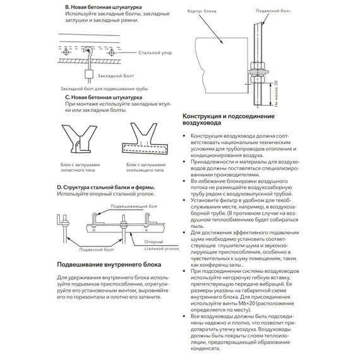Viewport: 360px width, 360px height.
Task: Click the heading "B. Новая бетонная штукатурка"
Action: click(104, 8)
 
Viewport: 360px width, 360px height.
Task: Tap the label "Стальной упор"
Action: click(155, 53)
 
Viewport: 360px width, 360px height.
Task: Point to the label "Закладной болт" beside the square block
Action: click(116, 76)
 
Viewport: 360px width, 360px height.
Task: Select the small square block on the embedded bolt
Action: click(89, 74)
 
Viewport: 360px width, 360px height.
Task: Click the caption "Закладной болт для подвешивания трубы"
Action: click(104, 88)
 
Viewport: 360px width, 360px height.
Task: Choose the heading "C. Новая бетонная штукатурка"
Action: click(104, 97)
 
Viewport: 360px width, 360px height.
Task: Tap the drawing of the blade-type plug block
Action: click(79, 139)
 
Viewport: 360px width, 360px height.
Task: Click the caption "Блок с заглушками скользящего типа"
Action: click(146, 167)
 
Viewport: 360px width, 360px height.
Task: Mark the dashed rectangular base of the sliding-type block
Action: click(145, 148)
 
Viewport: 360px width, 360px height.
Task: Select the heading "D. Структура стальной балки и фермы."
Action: click(106, 188)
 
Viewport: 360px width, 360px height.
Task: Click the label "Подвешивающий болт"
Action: click(134, 206)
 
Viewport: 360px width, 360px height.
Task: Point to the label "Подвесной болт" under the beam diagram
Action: click(97, 249)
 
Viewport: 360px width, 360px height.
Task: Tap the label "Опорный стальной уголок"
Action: click(162, 245)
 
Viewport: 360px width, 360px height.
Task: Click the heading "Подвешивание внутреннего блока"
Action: click(109, 265)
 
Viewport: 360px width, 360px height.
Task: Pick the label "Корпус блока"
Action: click(201, 11)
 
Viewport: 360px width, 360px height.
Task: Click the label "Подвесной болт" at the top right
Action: click(273, 11)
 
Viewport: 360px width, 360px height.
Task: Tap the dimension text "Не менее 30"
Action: click(276, 93)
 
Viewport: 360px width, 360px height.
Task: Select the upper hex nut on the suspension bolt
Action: click(258, 65)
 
